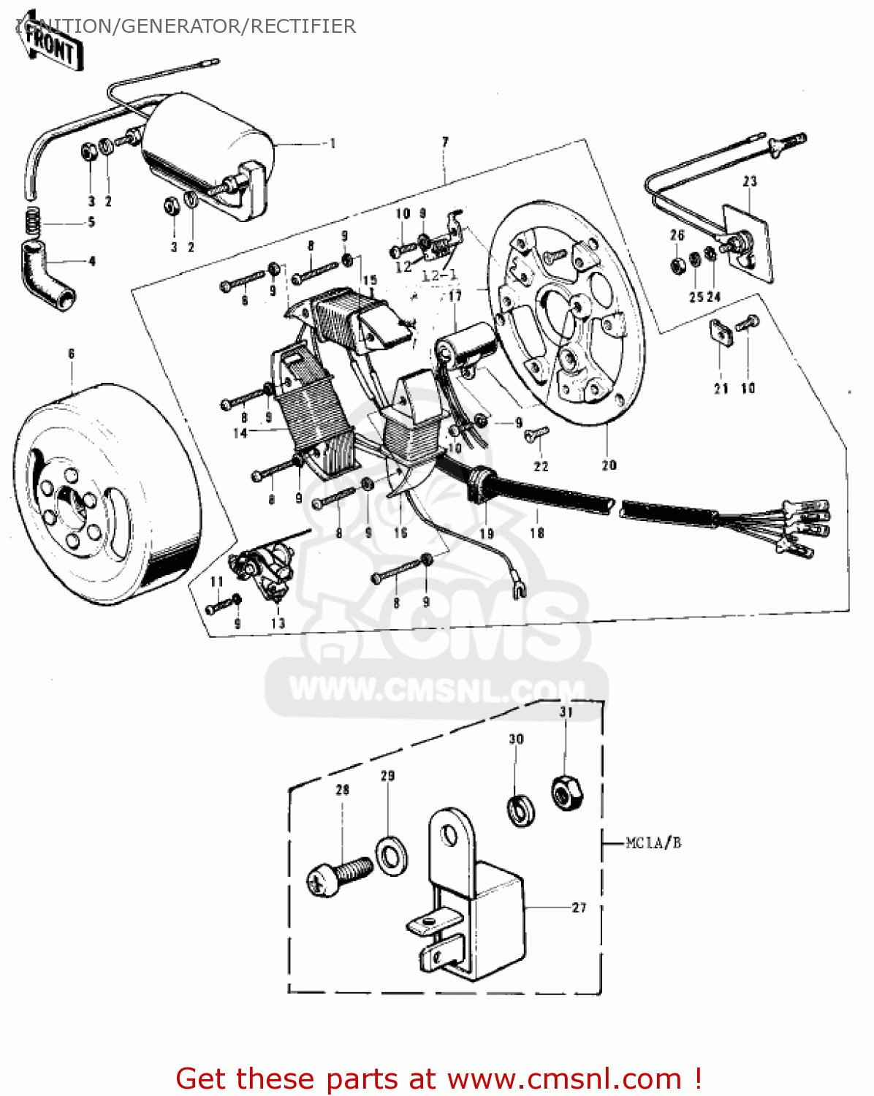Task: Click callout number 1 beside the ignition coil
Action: point(332,143)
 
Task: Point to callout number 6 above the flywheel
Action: point(72,354)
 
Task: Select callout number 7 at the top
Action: point(445,142)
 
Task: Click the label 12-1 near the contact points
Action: point(438,276)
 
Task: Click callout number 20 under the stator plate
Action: point(609,465)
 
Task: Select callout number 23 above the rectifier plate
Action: point(750,181)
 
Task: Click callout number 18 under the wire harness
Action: point(537,533)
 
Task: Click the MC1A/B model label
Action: point(653,843)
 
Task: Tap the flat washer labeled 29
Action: point(392,852)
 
